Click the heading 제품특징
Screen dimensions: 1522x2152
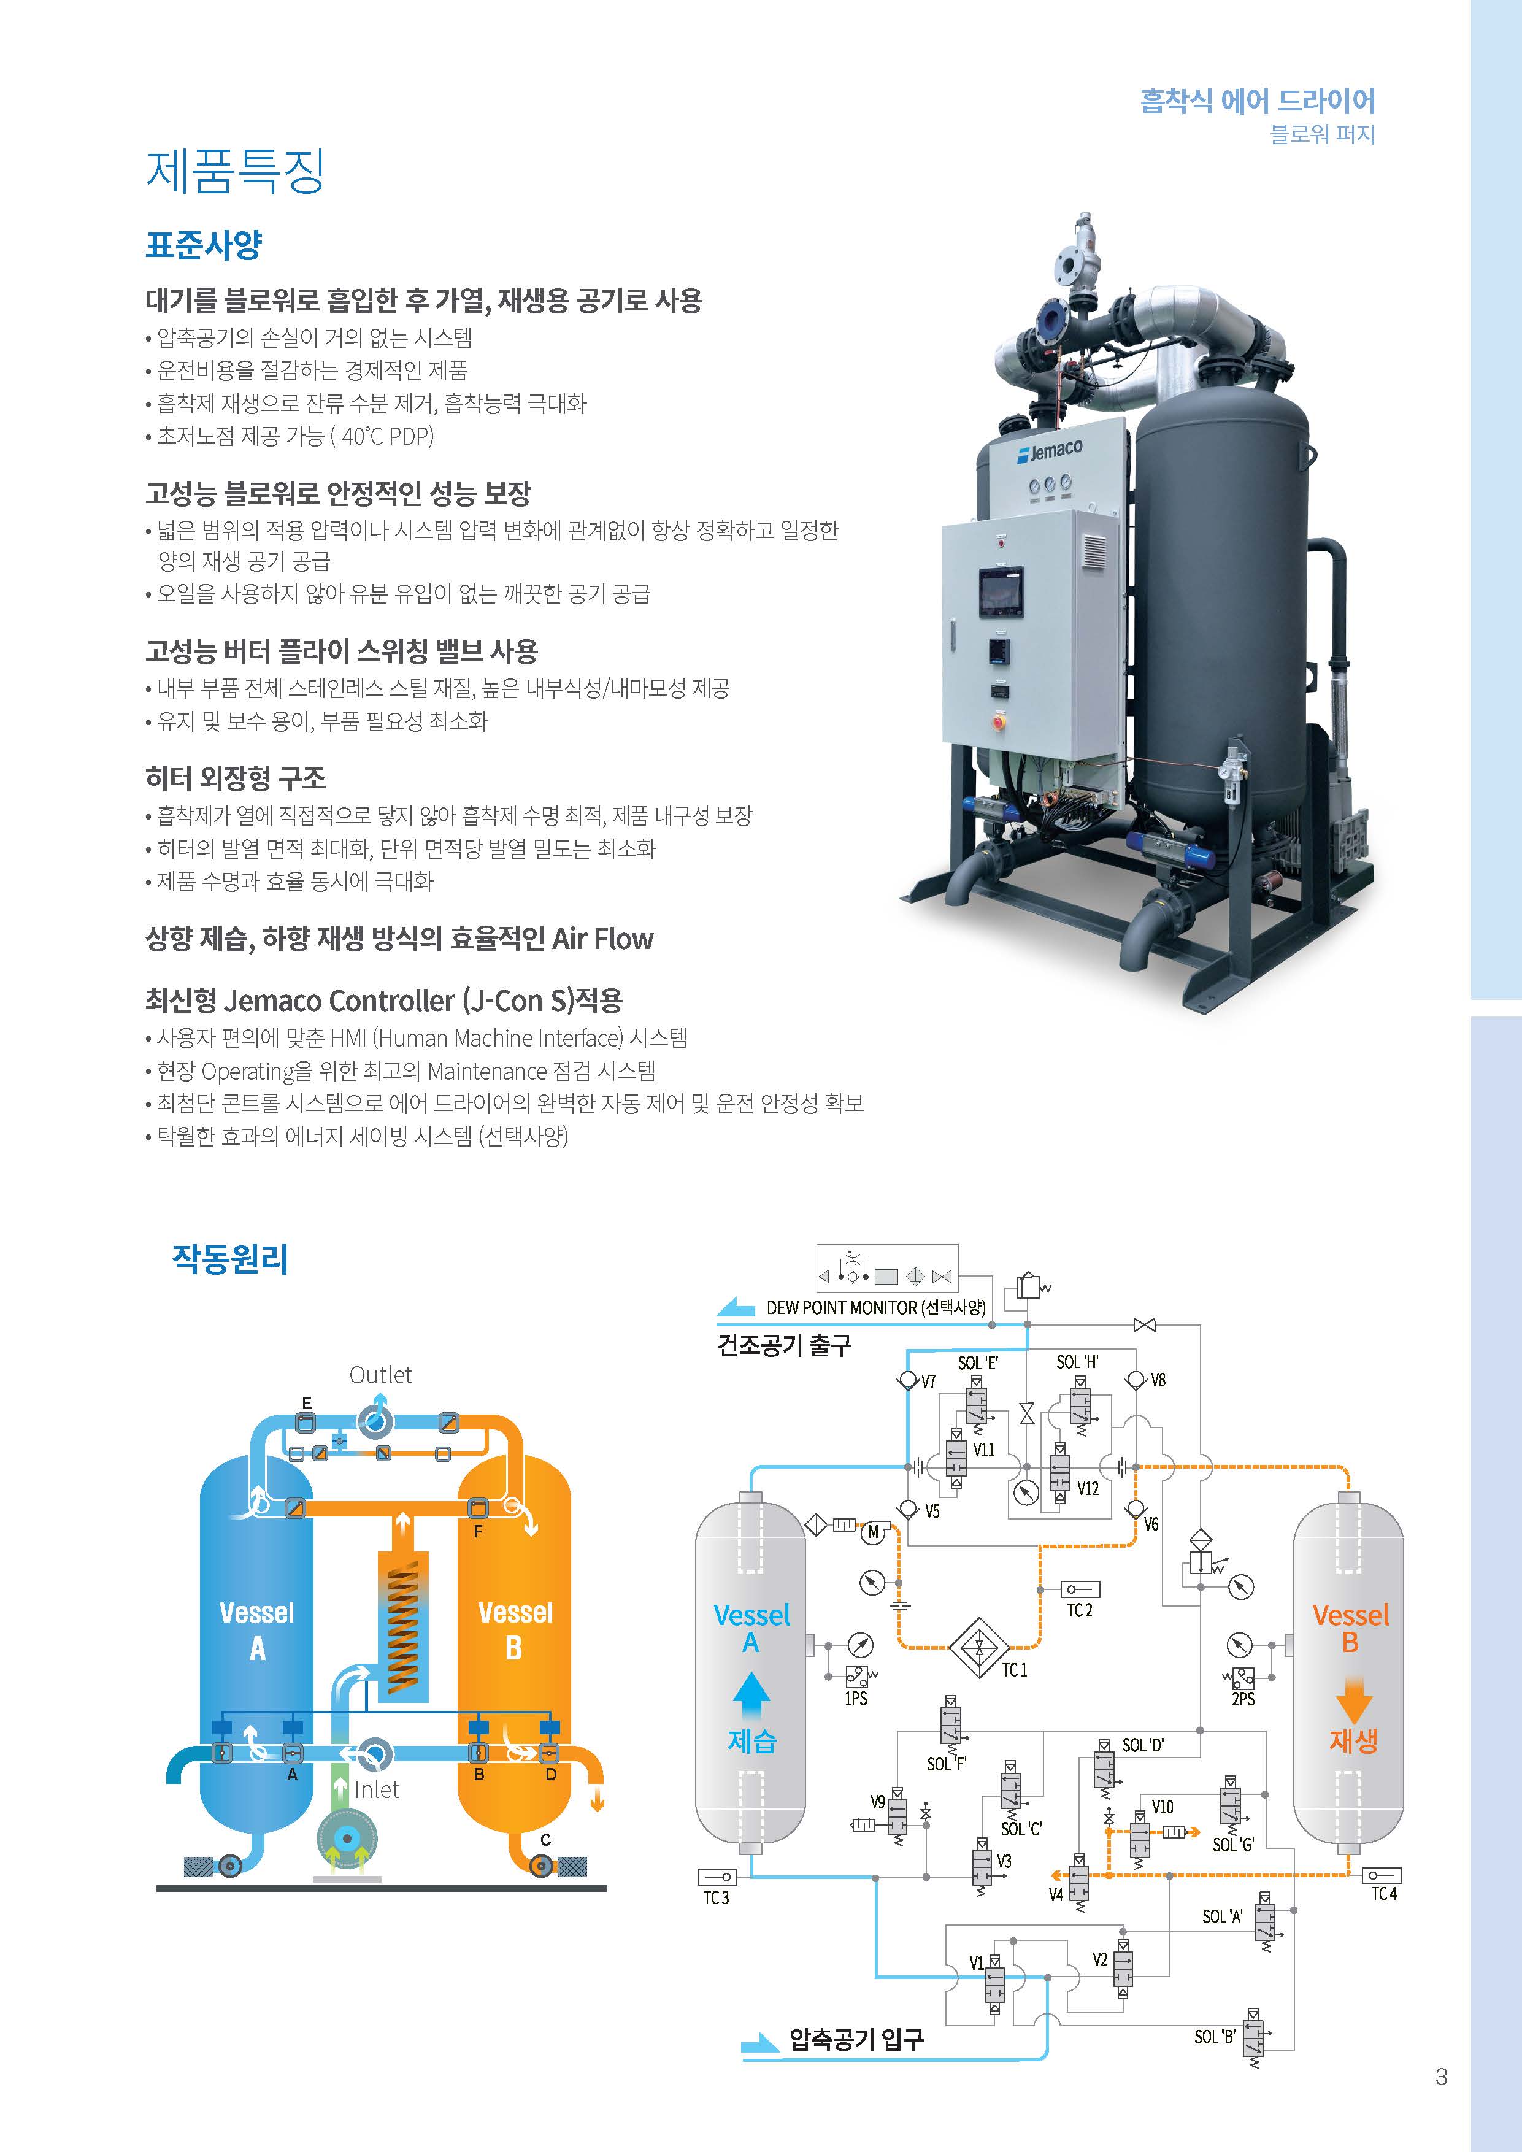point(235,172)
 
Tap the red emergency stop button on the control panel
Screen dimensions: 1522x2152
point(999,721)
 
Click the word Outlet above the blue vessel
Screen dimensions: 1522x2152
point(380,1375)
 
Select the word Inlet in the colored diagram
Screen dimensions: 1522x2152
point(377,1789)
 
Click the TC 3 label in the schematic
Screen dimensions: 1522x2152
point(716,1898)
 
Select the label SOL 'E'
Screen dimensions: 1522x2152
point(977,1363)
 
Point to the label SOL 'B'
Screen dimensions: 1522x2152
point(1215,2036)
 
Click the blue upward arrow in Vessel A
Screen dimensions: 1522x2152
point(751,1696)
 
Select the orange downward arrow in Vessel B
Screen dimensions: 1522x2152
point(1352,1700)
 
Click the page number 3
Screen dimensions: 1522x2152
point(1442,2077)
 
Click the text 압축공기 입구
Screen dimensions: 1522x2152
point(856,2039)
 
